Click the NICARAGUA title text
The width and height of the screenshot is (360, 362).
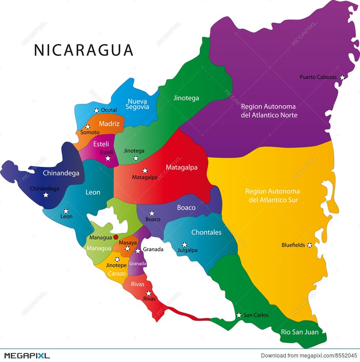[84, 50]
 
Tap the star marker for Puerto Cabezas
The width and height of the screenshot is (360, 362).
[342, 77]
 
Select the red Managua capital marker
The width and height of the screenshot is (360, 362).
[116, 237]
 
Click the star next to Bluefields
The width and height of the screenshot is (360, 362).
[309, 245]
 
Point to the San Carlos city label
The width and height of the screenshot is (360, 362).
[256, 315]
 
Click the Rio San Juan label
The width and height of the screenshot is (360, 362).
[300, 332]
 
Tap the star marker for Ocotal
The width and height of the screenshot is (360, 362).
[96, 110]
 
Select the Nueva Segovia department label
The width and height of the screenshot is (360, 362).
[138, 104]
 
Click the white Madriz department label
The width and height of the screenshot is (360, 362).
[109, 124]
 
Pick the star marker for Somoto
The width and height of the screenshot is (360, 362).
[88, 127]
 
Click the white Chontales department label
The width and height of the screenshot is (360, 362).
[207, 232]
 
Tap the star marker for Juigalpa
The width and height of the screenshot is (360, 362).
[184, 245]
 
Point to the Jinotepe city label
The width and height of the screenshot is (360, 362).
[117, 265]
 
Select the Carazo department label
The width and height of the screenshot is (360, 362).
[117, 273]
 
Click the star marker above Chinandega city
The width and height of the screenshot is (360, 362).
[45, 195]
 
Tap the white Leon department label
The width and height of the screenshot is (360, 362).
[93, 192]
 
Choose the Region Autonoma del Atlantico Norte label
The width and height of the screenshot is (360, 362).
[269, 111]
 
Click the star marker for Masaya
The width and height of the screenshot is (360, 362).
[127, 248]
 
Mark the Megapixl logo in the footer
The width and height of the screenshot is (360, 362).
[25, 356]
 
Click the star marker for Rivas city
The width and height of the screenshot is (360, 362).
[148, 293]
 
